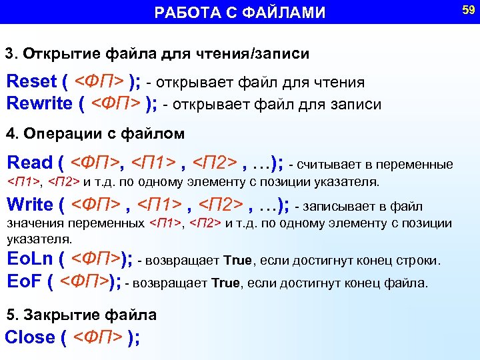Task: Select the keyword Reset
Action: tap(31, 82)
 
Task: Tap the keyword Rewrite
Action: tap(39, 103)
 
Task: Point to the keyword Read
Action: tap(29, 163)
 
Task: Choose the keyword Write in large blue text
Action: tap(29, 205)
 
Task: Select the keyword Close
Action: tap(30, 337)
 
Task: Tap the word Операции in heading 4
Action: tap(54, 134)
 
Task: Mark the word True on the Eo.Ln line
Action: tap(237, 261)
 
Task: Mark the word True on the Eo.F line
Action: tap(225, 283)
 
